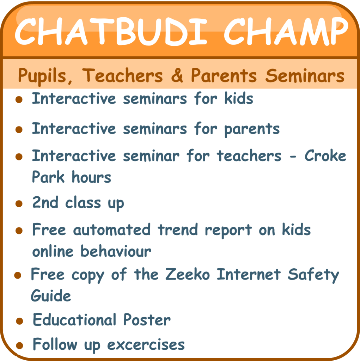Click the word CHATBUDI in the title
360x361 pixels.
(x=111, y=31)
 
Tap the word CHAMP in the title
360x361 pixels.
(x=286, y=31)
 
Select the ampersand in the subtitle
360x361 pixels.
(x=177, y=75)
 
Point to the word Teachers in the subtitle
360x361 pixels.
(x=122, y=75)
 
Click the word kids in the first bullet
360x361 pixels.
(x=239, y=98)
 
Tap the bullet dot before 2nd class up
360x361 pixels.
(x=19, y=203)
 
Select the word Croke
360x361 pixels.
(x=325, y=155)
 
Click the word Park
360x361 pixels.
(x=48, y=177)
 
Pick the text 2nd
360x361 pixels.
(x=45, y=202)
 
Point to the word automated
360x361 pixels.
(x=112, y=230)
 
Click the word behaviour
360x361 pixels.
(x=116, y=251)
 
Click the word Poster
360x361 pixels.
(x=147, y=319)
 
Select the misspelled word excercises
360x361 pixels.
(x=146, y=345)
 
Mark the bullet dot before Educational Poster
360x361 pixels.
(x=20, y=321)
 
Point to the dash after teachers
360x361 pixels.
(x=293, y=157)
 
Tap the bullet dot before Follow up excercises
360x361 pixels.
(x=20, y=345)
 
